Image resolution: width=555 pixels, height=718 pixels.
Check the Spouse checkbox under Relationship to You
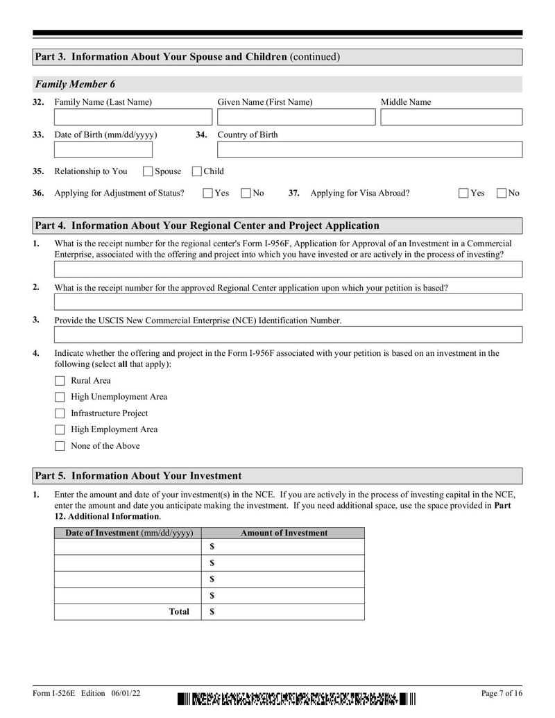[148, 171]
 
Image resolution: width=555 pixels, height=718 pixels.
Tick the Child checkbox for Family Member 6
[197, 171]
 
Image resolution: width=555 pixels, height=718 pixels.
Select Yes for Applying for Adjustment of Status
[207, 194]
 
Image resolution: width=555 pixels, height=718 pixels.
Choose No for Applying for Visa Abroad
[502, 194]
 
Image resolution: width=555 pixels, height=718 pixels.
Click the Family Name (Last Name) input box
[133, 117]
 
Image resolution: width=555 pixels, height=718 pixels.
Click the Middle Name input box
[451, 117]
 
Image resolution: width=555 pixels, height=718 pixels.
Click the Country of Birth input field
[369, 150]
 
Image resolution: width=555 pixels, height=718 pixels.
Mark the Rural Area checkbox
[60, 381]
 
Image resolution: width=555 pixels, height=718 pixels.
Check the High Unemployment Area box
[60, 398]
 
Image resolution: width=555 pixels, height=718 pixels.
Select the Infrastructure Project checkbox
[60, 413]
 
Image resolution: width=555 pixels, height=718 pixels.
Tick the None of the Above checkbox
[60, 446]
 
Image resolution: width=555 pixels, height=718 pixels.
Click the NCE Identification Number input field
[288, 335]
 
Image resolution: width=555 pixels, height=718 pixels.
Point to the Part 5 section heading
[139, 476]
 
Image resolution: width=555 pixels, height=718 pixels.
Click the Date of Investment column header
[128, 533]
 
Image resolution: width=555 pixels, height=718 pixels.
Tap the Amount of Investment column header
[284, 533]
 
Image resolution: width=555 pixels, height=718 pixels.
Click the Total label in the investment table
[179, 612]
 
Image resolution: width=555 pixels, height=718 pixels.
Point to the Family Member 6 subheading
[76, 85]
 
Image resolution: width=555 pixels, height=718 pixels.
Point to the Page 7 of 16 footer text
[501, 693]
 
